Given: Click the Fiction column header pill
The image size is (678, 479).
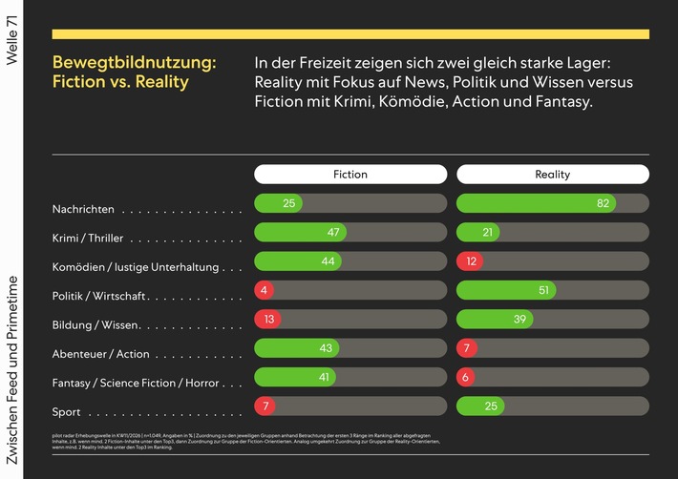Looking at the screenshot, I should tap(350, 175).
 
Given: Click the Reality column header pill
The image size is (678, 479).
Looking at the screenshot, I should tap(552, 175).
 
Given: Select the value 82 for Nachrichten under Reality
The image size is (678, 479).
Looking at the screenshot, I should tap(603, 203).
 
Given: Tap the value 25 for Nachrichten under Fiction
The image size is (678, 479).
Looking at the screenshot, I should tap(289, 203).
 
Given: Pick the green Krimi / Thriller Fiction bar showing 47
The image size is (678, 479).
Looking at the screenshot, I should tap(300, 233).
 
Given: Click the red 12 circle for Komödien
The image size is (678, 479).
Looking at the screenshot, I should tap(469, 261).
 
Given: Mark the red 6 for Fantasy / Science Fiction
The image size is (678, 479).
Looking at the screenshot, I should tap(467, 378).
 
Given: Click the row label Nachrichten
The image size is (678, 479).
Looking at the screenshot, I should tap(83, 209).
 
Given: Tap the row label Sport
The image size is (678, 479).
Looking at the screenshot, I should tap(66, 412).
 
